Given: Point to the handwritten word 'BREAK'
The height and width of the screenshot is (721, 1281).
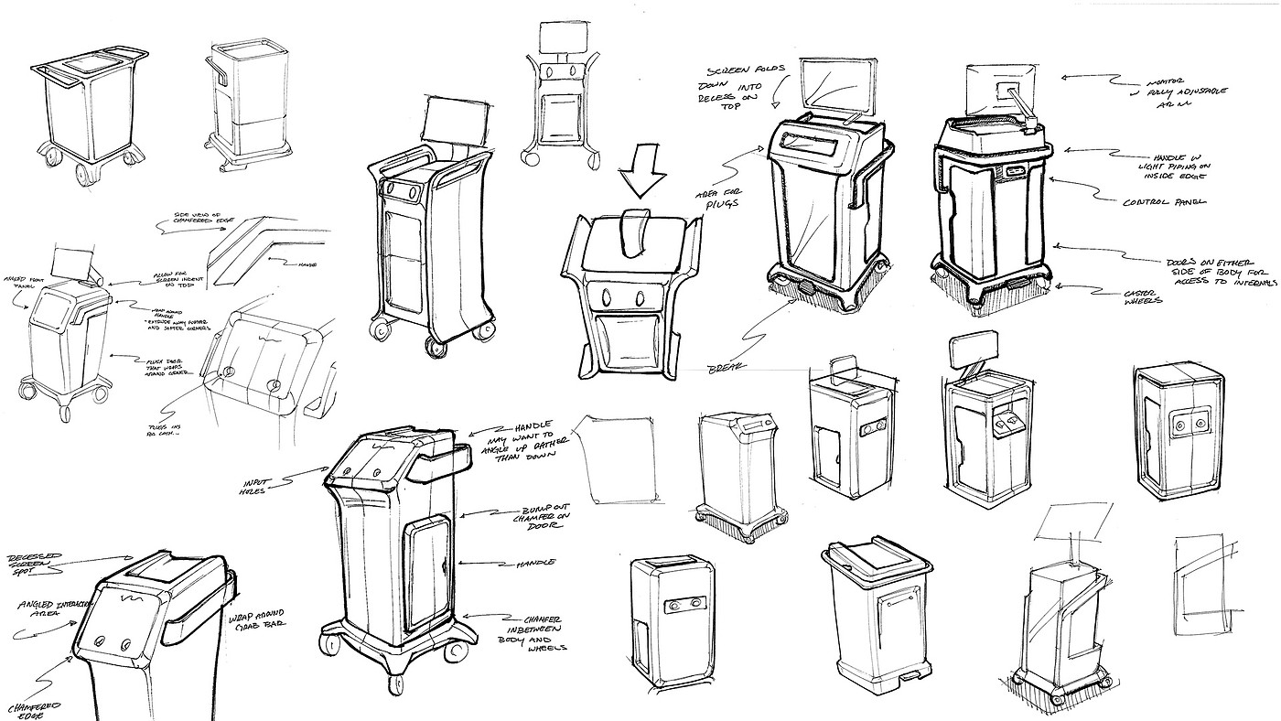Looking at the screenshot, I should (x=724, y=369).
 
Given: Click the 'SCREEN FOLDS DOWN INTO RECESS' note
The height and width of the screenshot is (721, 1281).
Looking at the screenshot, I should (x=731, y=85).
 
